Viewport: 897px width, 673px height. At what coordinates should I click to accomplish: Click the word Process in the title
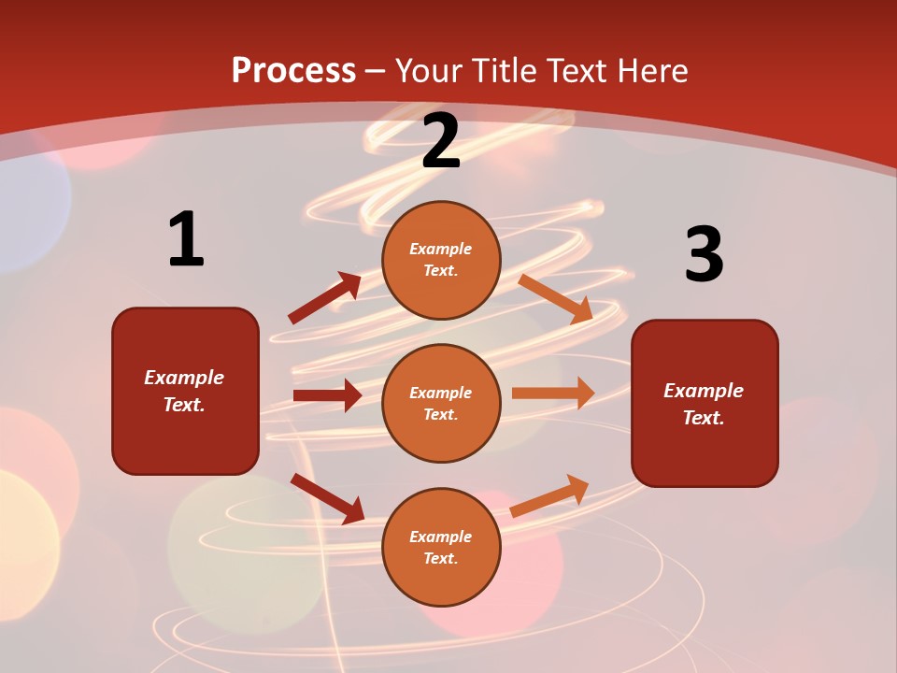[293, 70]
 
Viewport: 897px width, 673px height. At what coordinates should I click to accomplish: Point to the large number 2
[441, 141]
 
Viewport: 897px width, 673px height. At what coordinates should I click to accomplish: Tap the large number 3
[704, 254]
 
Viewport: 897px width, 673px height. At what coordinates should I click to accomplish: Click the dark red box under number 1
[185, 391]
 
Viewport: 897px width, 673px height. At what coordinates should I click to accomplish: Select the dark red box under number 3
[705, 403]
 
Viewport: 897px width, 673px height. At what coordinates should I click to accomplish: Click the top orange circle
[441, 260]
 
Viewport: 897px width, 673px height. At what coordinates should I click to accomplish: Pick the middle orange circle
[441, 403]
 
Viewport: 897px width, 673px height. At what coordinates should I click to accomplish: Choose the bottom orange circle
[441, 547]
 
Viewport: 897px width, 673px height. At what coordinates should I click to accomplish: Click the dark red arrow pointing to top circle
[325, 298]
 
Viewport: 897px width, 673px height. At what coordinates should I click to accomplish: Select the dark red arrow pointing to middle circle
[327, 395]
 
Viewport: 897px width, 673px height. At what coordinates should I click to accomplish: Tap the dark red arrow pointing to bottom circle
[327, 498]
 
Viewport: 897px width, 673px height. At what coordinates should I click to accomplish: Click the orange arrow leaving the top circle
[556, 298]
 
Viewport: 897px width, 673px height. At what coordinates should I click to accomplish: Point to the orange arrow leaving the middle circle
[553, 394]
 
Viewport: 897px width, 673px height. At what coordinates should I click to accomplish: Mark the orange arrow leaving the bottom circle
[550, 495]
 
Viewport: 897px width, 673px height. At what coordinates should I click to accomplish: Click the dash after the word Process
[376, 71]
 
